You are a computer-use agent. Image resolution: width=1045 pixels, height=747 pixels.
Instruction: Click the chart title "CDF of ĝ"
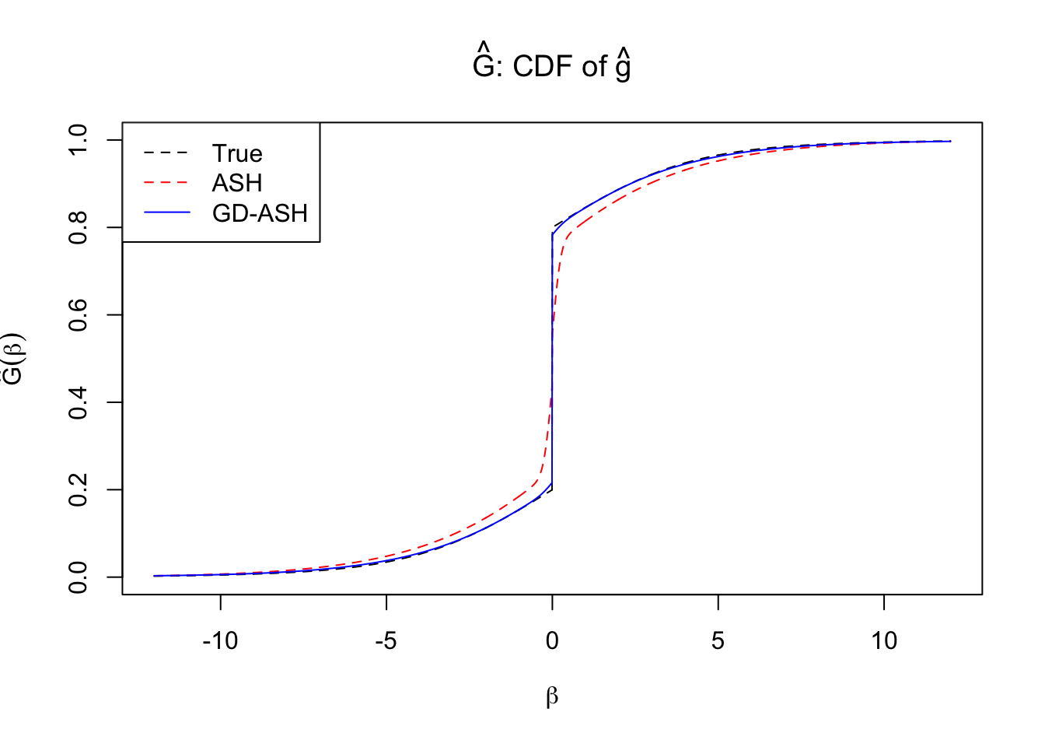tap(551, 66)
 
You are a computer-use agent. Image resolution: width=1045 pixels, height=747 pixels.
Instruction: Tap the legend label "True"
tap(237, 153)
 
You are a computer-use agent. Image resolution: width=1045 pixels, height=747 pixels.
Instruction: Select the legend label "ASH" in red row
tap(237, 183)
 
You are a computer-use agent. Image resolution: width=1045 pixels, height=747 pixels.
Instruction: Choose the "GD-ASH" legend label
tap(260, 213)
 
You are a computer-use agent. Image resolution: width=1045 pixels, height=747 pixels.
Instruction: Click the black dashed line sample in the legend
tap(166, 153)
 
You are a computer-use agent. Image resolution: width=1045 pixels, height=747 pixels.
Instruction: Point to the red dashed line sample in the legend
tap(166, 183)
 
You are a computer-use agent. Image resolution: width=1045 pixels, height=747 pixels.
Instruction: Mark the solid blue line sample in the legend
tap(166, 212)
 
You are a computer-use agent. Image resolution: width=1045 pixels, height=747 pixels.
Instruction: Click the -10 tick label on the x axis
tap(220, 641)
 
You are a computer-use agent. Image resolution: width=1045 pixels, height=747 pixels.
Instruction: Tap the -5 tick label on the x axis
tap(386, 641)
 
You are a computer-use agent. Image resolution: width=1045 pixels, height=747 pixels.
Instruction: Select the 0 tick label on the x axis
tap(552, 641)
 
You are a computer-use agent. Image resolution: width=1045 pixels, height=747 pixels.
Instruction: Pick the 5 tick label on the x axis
tap(718, 641)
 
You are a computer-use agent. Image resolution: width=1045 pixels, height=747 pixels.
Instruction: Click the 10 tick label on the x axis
tap(884, 641)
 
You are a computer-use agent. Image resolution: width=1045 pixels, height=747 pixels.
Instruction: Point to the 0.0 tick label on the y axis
tap(79, 577)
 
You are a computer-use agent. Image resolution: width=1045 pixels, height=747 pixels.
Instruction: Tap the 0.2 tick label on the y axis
tap(79, 490)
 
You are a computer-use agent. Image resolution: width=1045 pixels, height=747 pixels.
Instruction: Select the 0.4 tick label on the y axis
tap(79, 402)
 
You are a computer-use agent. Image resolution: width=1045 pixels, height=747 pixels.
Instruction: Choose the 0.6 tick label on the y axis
tap(79, 315)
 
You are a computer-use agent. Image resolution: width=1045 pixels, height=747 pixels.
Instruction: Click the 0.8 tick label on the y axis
tap(79, 227)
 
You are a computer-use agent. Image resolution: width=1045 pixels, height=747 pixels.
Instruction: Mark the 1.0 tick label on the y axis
tap(79, 140)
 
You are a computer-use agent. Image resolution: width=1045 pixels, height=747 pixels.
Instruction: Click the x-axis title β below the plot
tap(552, 696)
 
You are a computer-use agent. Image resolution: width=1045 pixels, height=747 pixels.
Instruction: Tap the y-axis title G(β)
tap(14, 358)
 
